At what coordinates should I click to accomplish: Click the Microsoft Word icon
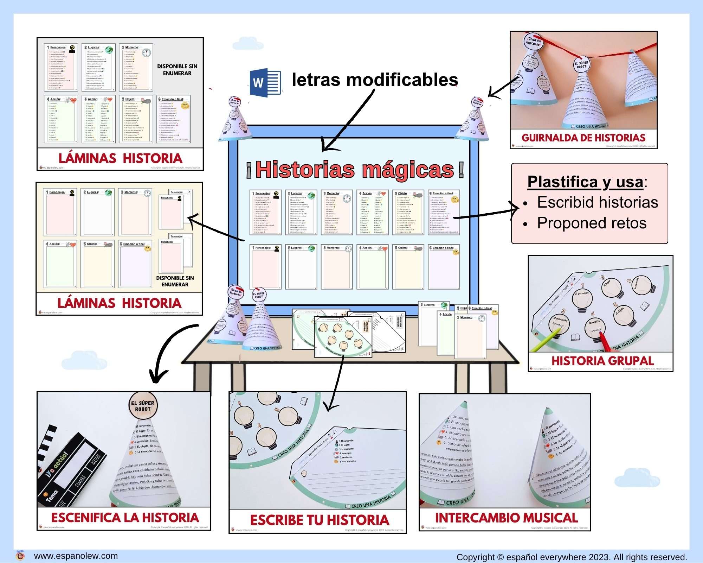pyautogui.click(x=265, y=82)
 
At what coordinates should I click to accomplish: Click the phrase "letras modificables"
pyautogui.click(x=375, y=80)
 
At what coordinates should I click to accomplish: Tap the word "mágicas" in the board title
pyautogui.click(x=408, y=170)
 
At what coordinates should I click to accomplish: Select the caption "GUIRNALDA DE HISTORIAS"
pyautogui.click(x=583, y=138)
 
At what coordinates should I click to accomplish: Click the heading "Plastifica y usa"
pyautogui.click(x=585, y=182)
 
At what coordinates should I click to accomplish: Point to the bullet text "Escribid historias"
pyautogui.click(x=598, y=202)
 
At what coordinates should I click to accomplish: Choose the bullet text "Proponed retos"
pyautogui.click(x=592, y=223)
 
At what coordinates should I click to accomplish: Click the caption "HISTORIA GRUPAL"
pyautogui.click(x=602, y=361)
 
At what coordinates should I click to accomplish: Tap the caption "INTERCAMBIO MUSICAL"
pyautogui.click(x=506, y=518)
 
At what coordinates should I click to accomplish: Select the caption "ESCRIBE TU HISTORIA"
pyautogui.click(x=320, y=520)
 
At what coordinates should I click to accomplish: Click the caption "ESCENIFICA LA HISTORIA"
pyautogui.click(x=125, y=518)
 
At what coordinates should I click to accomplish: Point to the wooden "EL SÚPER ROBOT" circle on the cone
pyautogui.click(x=143, y=406)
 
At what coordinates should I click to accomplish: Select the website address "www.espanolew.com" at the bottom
pyautogui.click(x=76, y=556)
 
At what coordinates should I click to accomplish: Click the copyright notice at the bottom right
pyautogui.click(x=572, y=557)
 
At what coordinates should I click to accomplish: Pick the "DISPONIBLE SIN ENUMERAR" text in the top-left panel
pyautogui.click(x=177, y=70)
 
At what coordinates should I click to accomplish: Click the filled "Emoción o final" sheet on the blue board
pyautogui.click(x=444, y=213)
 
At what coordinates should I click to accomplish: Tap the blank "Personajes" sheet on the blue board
pyautogui.click(x=265, y=267)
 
